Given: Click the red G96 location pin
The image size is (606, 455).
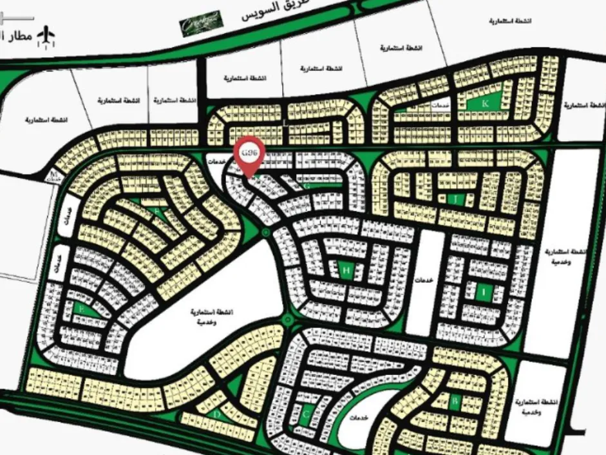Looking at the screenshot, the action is click(x=249, y=154).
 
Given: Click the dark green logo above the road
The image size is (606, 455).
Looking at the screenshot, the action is click(x=201, y=23).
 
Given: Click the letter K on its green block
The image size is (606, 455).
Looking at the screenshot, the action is click(x=486, y=103).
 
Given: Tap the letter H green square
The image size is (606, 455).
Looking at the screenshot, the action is click(x=346, y=271).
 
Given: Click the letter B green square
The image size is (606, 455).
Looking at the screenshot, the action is click(x=455, y=403).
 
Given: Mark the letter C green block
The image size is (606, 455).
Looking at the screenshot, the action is click(x=307, y=413).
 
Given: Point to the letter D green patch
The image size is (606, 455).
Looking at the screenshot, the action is click(x=217, y=415).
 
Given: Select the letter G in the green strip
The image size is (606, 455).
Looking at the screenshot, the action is click(x=308, y=185).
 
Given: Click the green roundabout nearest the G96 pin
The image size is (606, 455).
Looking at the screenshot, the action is click(x=265, y=231).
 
